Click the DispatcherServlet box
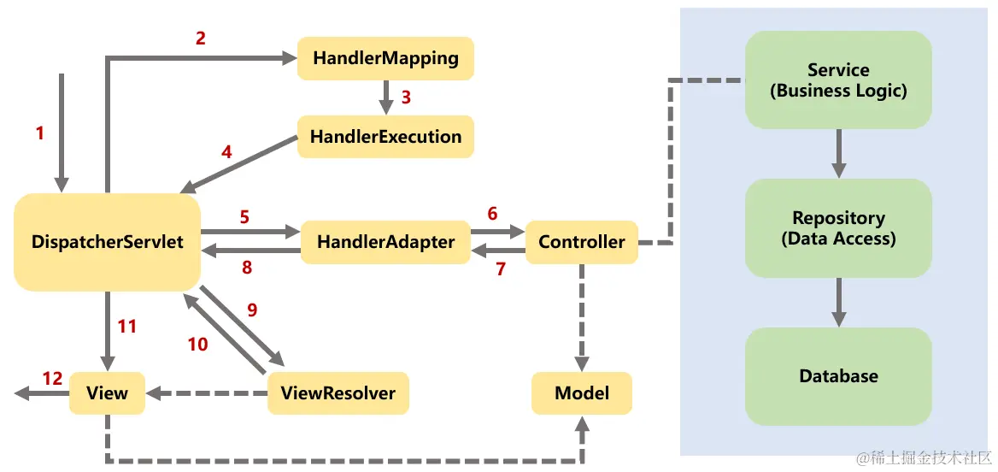coord(107,242)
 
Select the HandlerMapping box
coord(385,59)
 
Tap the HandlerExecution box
coord(385,137)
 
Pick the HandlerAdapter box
coord(385,242)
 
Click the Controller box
coord(581,242)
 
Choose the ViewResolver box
coord(338,393)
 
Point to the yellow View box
coord(107,393)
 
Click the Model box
coord(581,393)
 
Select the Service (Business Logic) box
coord(838,80)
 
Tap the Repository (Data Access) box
coord(838,228)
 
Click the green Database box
coord(838,376)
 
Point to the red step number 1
coord(39,133)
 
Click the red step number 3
coord(406,97)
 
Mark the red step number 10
coord(197,344)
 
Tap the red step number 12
coord(53,378)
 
